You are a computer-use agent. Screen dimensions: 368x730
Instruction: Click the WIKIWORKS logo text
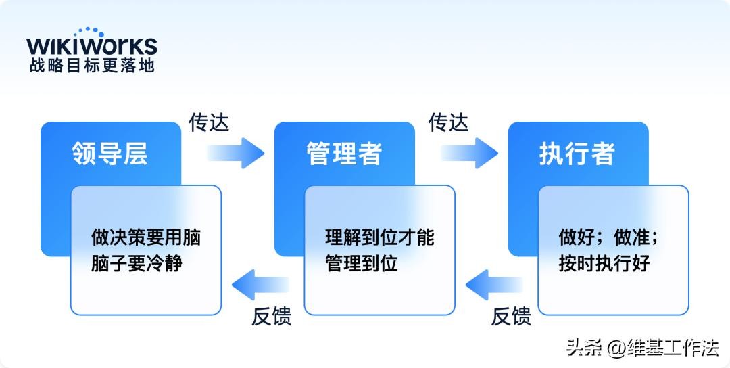(x=92, y=46)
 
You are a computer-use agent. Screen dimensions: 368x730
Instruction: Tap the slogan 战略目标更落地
(x=92, y=66)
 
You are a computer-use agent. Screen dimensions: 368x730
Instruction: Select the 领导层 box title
(x=109, y=154)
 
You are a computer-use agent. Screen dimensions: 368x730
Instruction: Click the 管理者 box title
(x=343, y=154)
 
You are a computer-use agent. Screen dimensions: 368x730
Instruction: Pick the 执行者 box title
(x=577, y=154)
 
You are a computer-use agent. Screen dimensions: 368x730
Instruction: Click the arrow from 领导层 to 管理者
(x=235, y=153)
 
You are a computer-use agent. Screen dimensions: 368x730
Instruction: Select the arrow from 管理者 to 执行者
(x=469, y=153)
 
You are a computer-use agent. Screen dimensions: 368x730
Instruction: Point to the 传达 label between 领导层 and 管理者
(x=209, y=122)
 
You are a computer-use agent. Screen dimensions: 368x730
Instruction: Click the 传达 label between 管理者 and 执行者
(x=448, y=122)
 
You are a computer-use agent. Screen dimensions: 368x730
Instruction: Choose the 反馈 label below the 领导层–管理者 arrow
(x=272, y=317)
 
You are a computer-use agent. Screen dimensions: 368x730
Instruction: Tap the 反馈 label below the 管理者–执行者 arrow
(x=511, y=317)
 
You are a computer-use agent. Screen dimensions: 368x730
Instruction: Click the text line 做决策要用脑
(x=146, y=237)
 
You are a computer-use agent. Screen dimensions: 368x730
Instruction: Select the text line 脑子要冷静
(x=137, y=263)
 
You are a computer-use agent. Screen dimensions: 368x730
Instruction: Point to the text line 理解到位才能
(x=380, y=237)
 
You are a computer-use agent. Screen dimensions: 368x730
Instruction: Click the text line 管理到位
(x=362, y=263)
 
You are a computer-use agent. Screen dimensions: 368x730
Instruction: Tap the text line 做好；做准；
(x=608, y=237)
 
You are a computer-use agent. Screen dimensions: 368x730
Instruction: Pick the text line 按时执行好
(x=604, y=263)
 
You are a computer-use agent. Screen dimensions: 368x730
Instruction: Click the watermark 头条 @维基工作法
(x=643, y=348)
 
